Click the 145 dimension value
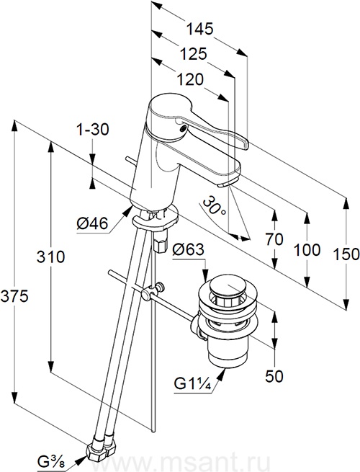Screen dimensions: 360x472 pyautogui.click(x=199, y=30)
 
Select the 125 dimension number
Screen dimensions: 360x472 pyautogui.click(x=194, y=54)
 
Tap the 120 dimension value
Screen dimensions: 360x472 pyautogui.click(x=190, y=80)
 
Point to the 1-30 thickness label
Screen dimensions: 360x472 pyautogui.click(x=92, y=130)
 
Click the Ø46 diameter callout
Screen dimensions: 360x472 pyautogui.click(x=92, y=224)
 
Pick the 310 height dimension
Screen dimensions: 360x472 pyautogui.click(x=51, y=257)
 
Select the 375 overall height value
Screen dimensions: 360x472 pyautogui.click(x=14, y=296)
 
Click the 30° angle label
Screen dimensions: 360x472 pyautogui.click(x=213, y=205)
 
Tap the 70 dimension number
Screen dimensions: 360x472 pyautogui.click(x=274, y=239)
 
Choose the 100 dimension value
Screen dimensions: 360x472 pyautogui.click(x=307, y=250)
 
